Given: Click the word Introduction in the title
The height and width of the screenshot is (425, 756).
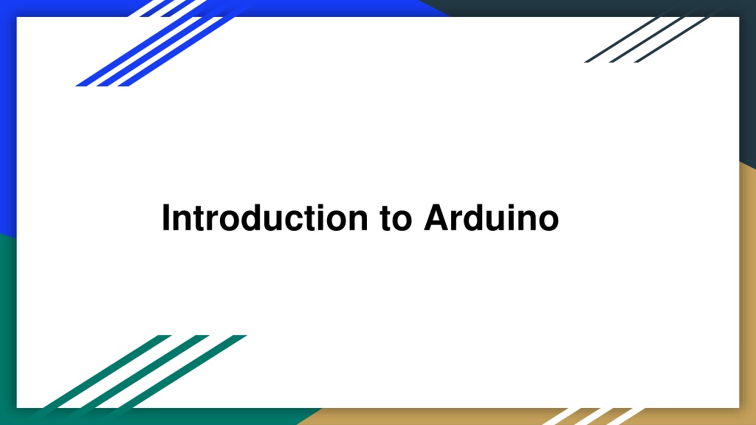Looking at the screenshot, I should [x=264, y=218].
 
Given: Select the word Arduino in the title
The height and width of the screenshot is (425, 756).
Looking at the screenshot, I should [x=491, y=218].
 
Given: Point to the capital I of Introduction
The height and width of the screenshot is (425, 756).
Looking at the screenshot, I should [x=166, y=218].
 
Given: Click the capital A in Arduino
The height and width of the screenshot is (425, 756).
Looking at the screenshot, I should [x=436, y=218].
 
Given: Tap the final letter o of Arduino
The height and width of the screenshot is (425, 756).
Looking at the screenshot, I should [x=548, y=221].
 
